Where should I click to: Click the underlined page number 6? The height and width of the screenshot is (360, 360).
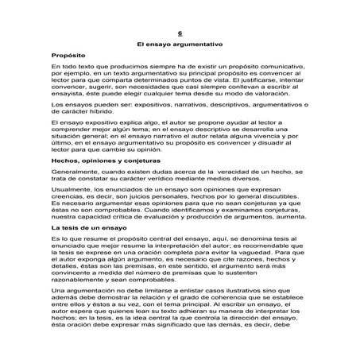[x=180, y=34]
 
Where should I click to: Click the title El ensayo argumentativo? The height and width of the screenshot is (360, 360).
[x=180, y=46]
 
